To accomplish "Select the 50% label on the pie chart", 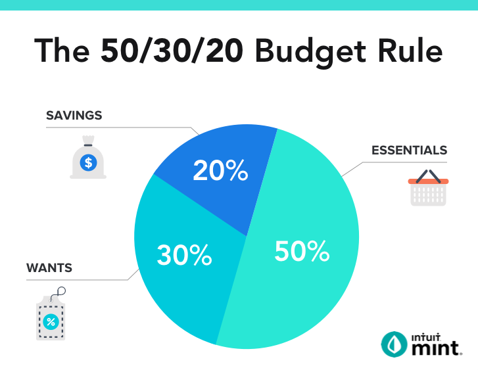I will click(301, 252).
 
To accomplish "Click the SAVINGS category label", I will click(74, 116).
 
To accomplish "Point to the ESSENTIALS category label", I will click(409, 150).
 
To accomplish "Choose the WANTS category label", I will click(49, 268).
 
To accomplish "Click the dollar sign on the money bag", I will click(87, 162).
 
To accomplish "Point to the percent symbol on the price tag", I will click(51, 321).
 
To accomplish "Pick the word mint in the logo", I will click(435, 348).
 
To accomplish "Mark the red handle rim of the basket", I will click(428, 181).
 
